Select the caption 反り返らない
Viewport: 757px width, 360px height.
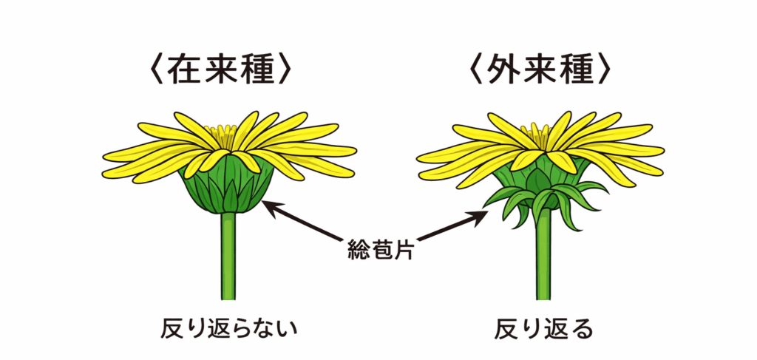coord(228,328)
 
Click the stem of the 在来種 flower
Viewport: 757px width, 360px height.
coord(229,259)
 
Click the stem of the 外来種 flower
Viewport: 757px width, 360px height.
coord(544,259)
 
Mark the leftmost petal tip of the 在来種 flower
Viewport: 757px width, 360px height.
coord(106,157)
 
